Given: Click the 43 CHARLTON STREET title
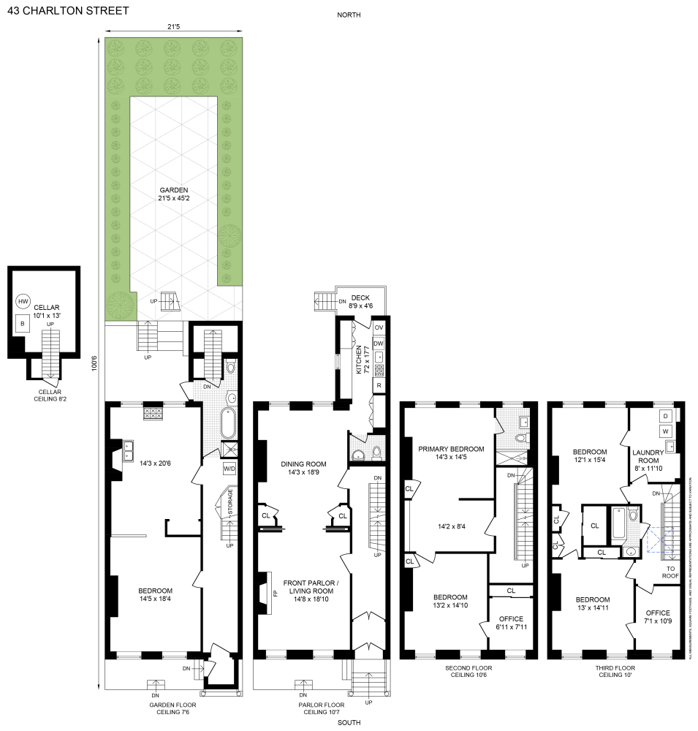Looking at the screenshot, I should (x=67, y=11).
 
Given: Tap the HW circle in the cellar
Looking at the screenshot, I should (x=23, y=301).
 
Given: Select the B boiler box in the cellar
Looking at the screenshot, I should (x=23, y=322).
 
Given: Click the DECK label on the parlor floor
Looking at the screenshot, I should (x=360, y=298).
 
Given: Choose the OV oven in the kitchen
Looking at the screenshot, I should (x=379, y=327).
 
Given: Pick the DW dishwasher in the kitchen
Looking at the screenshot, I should (x=379, y=343).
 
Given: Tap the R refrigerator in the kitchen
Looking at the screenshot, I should (x=379, y=385).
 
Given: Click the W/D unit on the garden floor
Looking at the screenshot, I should (x=229, y=469).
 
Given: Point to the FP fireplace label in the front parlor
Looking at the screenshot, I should (x=275, y=594).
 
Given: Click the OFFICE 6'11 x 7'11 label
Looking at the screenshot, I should (x=511, y=624).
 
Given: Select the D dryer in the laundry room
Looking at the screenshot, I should (x=666, y=416).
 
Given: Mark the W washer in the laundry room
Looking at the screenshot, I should (x=666, y=431).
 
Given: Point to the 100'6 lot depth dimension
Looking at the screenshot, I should (x=94, y=362).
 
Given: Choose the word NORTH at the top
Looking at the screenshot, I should (x=349, y=15).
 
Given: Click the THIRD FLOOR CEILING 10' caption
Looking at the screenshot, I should (x=615, y=672).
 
